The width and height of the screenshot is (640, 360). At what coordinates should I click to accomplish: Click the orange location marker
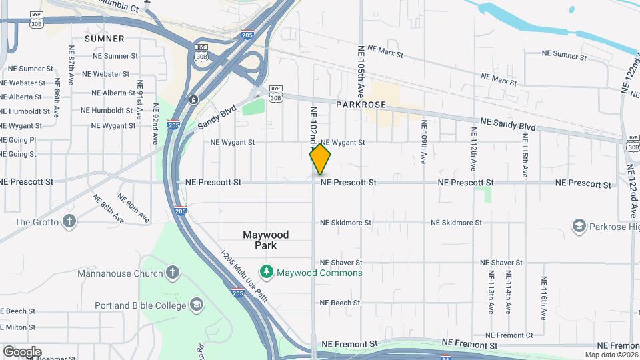click(x=320, y=160)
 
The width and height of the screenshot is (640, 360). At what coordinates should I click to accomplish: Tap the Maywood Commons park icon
click(x=267, y=272)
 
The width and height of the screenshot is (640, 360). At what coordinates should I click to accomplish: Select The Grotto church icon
click(x=69, y=221)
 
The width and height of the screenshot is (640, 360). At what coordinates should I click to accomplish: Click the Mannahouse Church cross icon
click(x=172, y=273)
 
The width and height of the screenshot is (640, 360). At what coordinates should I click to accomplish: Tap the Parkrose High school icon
click(x=578, y=227)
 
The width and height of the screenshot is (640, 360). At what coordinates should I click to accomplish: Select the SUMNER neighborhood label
click(x=105, y=39)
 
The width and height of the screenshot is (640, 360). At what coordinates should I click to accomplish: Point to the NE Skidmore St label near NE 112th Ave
click(x=456, y=223)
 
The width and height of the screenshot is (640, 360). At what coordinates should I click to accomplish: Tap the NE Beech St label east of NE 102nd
click(x=340, y=303)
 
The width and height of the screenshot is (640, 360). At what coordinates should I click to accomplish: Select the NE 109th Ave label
click(x=423, y=141)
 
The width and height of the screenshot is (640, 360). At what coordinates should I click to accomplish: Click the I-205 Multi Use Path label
click(x=245, y=275)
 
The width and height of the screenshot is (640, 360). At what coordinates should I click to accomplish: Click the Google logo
click(x=22, y=351)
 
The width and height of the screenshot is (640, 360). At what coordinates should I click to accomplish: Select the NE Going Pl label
click(x=18, y=140)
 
